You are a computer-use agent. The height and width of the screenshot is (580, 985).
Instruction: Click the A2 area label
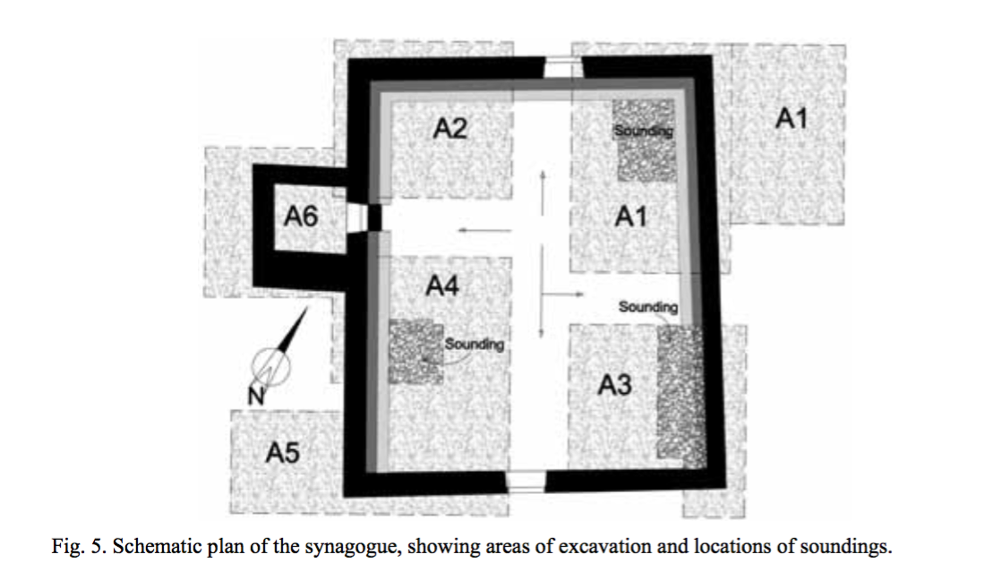450,128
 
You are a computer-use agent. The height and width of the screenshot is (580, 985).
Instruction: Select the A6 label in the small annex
301,216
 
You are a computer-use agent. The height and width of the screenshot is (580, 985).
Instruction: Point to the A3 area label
614,385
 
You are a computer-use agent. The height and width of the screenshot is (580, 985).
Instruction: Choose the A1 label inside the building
631,215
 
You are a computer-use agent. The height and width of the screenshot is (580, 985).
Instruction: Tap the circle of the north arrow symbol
270,365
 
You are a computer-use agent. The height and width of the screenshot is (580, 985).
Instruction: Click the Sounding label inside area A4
475,344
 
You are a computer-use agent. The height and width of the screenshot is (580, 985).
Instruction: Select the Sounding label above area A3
648,307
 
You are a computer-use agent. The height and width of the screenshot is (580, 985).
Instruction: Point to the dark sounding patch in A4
415,352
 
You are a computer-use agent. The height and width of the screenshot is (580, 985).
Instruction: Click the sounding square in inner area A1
642,141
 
